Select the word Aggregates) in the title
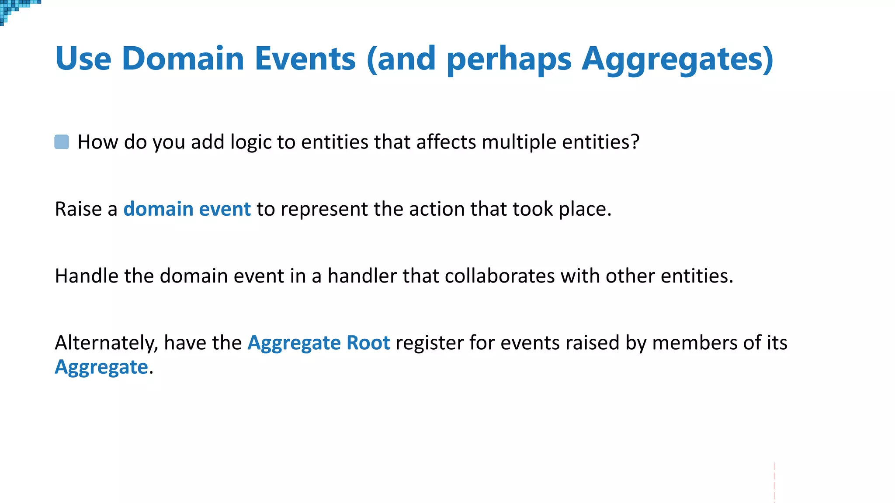pyautogui.click(x=677, y=59)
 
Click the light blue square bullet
pyautogui.click(x=62, y=142)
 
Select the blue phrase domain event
pyautogui.click(x=187, y=209)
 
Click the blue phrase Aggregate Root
pyautogui.click(x=319, y=343)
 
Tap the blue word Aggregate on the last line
pyautogui.click(x=101, y=367)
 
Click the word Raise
pyautogui.click(x=78, y=209)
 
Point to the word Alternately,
pyautogui.click(x=106, y=343)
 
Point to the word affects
pyautogui.click(x=446, y=142)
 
